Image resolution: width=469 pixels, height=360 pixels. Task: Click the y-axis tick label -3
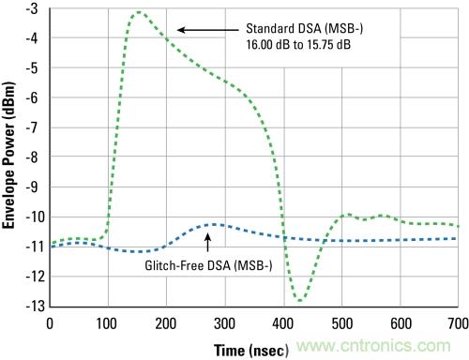coord(32,8)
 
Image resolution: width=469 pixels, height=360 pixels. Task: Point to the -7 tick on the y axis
coord(32,127)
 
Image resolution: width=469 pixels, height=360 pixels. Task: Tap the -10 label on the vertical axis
coord(36,217)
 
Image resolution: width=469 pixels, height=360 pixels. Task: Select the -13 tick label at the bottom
coord(36,306)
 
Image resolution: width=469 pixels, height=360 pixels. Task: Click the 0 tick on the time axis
coord(50,323)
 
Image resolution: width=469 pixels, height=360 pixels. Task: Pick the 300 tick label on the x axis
coord(224,323)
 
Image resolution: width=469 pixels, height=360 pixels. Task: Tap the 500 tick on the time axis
coord(342,323)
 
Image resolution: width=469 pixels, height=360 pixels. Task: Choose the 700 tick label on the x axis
coord(458,323)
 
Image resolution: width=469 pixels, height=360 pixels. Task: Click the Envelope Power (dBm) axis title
coord(8,156)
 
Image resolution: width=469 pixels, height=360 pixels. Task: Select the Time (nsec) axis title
coord(251,351)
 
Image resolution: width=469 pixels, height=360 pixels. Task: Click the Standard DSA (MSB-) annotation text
coord(305,29)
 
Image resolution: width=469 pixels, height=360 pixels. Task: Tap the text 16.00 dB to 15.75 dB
coord(298,45)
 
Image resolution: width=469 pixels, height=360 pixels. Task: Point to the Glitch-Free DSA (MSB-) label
coord(208,265)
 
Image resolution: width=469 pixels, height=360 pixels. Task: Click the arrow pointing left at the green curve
coord(208,30)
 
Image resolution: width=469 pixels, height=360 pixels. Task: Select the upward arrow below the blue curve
coord(207,242)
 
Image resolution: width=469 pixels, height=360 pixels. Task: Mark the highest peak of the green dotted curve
coord(139,12)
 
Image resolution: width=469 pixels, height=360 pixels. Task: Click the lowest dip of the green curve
coord(299,301)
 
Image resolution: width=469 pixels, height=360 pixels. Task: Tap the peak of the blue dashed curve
coord(215,224)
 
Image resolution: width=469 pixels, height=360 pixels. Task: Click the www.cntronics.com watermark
coord(373,346)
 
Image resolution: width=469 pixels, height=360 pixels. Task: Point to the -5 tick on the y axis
coord(32,67)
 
